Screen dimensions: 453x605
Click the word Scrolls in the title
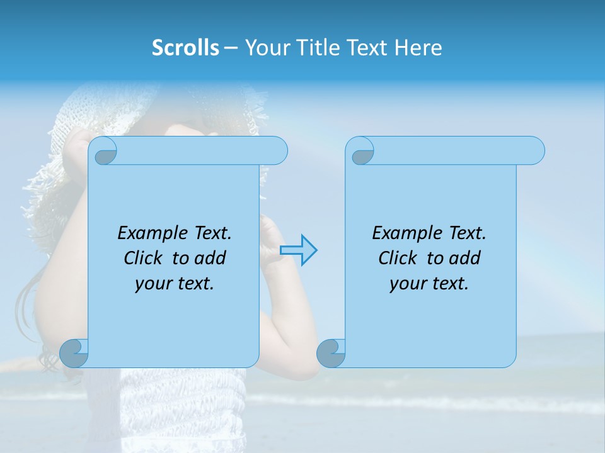185,48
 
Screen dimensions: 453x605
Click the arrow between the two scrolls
298,250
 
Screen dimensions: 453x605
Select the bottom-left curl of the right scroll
331,353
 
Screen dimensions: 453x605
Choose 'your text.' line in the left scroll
175,284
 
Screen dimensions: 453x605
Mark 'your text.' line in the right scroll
429,284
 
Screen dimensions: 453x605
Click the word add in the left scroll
210,258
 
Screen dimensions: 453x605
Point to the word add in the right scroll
465,258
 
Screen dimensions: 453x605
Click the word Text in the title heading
367,48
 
